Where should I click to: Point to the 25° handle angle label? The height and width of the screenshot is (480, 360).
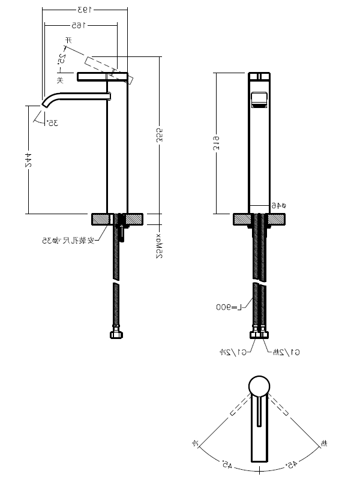pyautogui.click(x=62, y=59)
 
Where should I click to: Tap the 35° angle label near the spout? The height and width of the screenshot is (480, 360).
pyautogui.click(x=52, y=122)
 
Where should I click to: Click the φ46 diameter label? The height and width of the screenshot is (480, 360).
pyautogui.click(x=276, y=205)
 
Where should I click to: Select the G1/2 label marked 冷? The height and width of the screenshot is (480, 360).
pyautogui.click(x=230, y=352)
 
